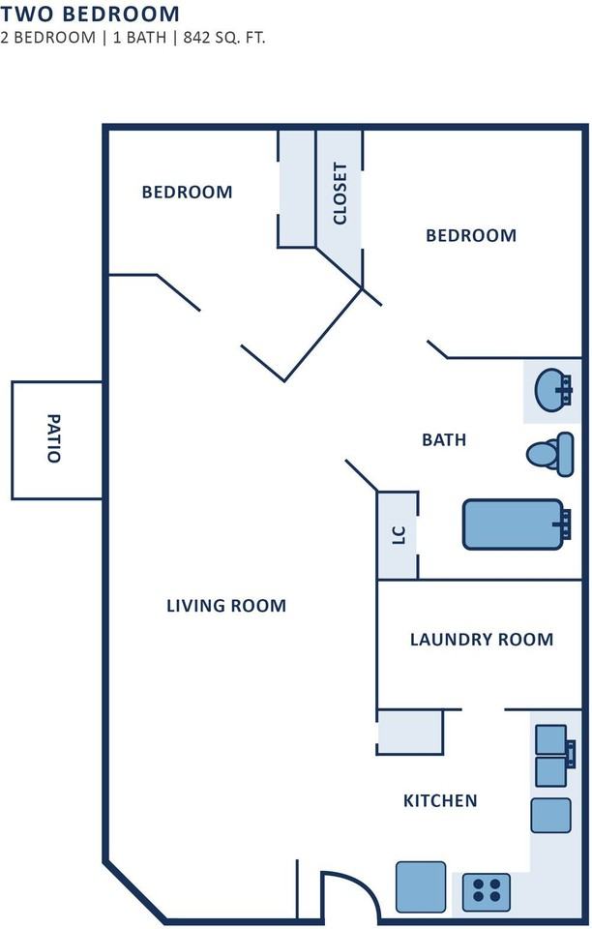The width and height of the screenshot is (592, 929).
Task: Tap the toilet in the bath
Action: coord(550,455)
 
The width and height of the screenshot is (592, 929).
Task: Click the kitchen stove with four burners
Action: coord(486,891)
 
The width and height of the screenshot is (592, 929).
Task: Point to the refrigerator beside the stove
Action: coord(421,886)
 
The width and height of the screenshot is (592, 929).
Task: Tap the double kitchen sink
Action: coord(554,756)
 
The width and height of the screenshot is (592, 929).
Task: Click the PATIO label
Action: coord(54,438)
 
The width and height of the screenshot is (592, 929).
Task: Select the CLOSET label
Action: coord(340,194)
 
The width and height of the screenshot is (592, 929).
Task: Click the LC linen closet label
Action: coord(399,535)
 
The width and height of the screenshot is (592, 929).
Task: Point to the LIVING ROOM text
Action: coord(226,606)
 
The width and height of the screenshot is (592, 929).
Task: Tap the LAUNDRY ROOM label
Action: coord(482,640)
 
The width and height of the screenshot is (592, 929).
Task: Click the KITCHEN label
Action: coord(440,801)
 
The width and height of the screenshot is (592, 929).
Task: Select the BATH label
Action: coord(444,439)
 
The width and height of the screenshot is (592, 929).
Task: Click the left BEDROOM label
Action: coord(187,192)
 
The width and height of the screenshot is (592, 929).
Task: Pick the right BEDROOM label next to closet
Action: coord(471,235)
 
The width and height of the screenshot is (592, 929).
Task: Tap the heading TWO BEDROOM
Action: coord(90,14)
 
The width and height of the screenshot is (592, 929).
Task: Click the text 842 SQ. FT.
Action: coord(224,38)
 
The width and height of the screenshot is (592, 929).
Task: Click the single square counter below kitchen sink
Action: coord(550,815)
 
